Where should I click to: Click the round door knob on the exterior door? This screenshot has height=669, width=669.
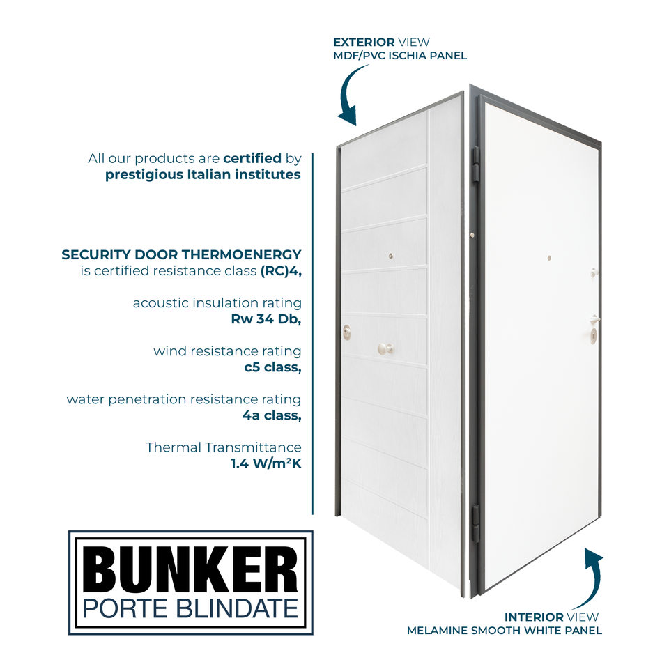pyautogui.click(x=384, y=348)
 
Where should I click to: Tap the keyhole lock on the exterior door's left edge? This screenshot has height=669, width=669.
pyautogui.click(x=346, y=332)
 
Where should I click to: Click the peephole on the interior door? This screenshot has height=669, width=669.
pyautogui.click(x=549, y=259)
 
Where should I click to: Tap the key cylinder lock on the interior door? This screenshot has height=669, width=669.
pyautogui.click(x=593, y=336)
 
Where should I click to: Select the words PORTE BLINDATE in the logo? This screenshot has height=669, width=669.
pyautogui.click(x=190, y=608)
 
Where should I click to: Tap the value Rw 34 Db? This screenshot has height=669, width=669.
pyautogui.click(x=266, y=320)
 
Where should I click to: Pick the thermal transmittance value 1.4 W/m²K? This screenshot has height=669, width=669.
pyautogui.click(x=266, y=463)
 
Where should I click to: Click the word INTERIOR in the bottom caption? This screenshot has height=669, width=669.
pyautogui.click(x=534, y=617)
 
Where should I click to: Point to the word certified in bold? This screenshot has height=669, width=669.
pyautogui.click(x=252, y=158)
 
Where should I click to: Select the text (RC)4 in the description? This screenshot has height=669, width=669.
pyautogui.click(x=281, y=271)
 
